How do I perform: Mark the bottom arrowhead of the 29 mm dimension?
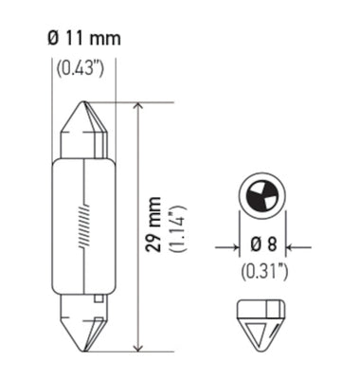pos(140,345)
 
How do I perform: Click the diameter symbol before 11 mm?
pos(52,39)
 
